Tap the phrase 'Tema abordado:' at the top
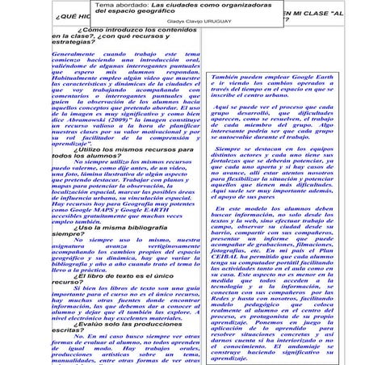120,5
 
